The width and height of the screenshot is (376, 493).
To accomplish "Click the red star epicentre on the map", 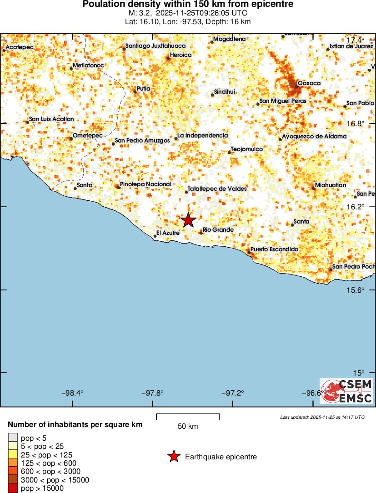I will [x=188, y=220].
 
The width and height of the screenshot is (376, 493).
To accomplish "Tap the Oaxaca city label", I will [x=309, y=83].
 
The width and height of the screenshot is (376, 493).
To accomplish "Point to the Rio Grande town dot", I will [x=201, y=233].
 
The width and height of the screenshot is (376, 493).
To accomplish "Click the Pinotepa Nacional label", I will [x=145, y=184].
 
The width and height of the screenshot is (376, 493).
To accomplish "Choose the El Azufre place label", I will [x=168, y=233].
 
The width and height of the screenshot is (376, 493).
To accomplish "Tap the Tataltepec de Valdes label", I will [x=217, y=188].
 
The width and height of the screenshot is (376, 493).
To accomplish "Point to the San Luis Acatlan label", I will [x=51, y=119].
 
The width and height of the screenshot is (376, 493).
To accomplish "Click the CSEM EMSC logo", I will [x=346, y=391].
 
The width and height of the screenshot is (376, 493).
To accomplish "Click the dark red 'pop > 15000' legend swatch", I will [x=13, y=488].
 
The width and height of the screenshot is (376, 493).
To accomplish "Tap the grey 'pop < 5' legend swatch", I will [x=13, y=438].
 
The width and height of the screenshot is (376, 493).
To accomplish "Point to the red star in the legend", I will [x=173, y=457].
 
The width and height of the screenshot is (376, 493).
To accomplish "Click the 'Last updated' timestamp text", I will [x=322, y=417].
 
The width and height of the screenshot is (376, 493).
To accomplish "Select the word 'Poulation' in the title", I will [x=103, y=5].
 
